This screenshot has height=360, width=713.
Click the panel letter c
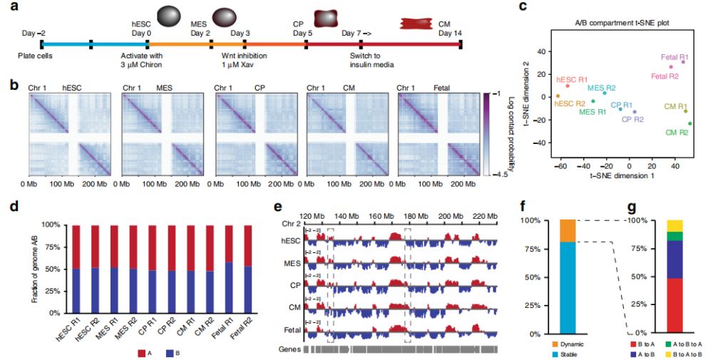[523, 7]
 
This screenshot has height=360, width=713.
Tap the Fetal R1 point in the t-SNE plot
[682, 62]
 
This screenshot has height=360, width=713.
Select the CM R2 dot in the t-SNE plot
[689, 123]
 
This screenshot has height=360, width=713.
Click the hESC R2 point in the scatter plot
[558, 96]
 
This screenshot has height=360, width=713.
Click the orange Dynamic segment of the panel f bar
[568, 231]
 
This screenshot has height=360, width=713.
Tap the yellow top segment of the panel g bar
[674, 225]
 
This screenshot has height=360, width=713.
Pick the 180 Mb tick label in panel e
[416, 215]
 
